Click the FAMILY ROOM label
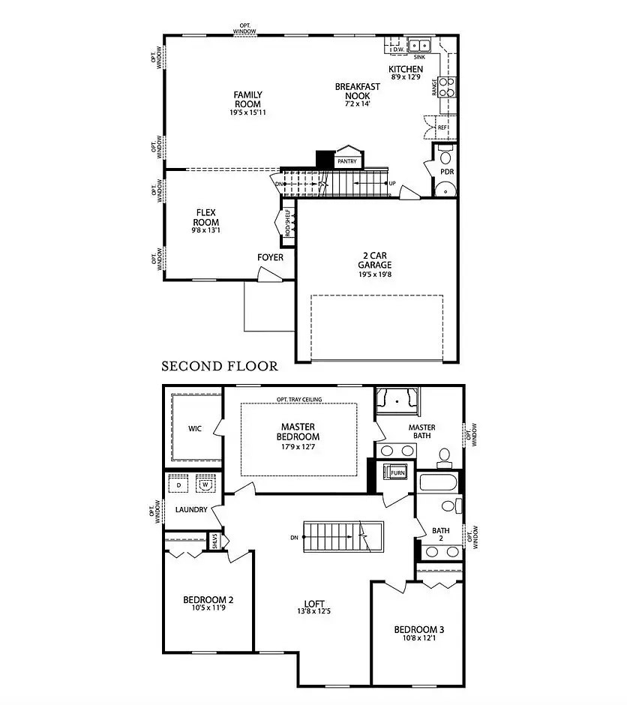[x=247, y=99]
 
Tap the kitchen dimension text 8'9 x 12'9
[x=405, y=77]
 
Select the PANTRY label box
[x=346, y=161]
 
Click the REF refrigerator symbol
[x=442, y=128]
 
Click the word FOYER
[x=271, y=257]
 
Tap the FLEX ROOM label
[x=207, y=217]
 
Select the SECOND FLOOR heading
[x=220, y=367]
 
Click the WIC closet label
[x=195, y=430]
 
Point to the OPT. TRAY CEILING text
[x=299, y=400]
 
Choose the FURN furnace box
[x=397, y=473]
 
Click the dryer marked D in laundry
[x=178, y=485]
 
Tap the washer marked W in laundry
[x=205, y=485]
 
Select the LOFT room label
[x=314, y=603]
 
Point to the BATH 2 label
[x=441, y=535]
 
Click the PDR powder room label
[x=447, y=172]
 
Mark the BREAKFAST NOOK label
[x=357, y=91]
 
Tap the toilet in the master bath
[x=444, y=454]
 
